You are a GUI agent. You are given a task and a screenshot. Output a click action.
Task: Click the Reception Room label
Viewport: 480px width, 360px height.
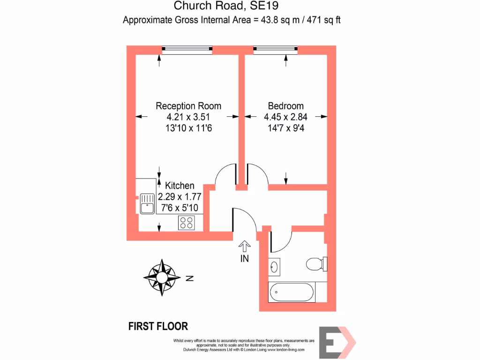click(188, 106)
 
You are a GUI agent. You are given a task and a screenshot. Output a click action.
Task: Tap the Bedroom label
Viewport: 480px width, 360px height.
click(285, 106)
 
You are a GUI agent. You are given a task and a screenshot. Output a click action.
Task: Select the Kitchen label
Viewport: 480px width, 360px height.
click(180, 186)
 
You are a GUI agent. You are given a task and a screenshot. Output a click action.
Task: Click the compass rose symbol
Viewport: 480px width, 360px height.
click(162, 277)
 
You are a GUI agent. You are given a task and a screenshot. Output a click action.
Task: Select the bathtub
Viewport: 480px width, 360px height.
click(291, 292)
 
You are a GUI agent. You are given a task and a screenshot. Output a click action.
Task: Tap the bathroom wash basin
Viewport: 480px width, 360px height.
click(275, 267)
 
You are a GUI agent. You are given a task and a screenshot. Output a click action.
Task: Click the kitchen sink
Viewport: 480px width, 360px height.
click(147, 204)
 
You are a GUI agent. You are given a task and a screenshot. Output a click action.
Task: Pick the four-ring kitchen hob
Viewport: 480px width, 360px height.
click(187, 223)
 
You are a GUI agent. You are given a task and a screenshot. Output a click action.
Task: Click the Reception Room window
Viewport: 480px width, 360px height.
click(187, 50)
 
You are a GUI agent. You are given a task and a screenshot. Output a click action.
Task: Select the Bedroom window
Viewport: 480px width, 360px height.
click(275, 50)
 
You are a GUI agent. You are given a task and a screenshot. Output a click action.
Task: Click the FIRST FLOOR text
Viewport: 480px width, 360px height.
click(158, 326)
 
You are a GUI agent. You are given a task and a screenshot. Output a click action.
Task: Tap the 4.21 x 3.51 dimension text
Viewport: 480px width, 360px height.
click(188, 117)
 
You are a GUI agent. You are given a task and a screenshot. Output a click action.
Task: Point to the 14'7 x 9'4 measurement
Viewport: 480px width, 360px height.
click(285, 127)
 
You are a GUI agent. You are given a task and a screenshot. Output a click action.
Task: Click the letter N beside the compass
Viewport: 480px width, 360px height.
click(189, 278)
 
